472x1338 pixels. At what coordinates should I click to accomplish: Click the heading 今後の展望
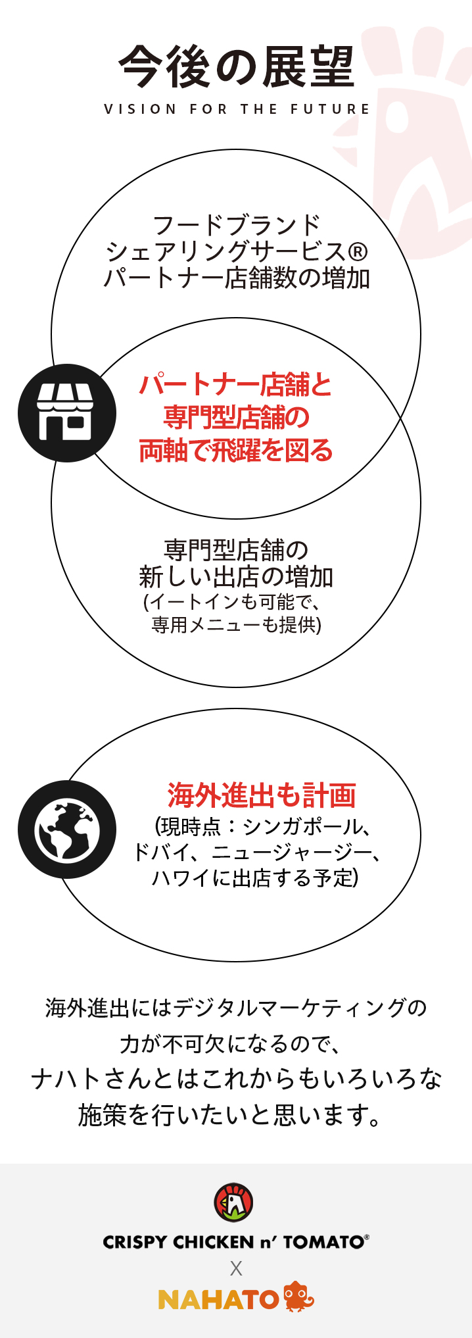point(237,66)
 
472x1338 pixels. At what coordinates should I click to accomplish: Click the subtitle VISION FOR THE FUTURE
point(237,109)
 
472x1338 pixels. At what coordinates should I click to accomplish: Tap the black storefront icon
point(66,413)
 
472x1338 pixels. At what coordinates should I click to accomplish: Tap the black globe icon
point(66,830)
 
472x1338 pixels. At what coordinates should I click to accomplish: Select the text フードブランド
point(237,225)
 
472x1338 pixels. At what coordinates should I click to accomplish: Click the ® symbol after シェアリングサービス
point(357,252)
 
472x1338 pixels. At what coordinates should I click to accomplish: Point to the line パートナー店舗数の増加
point(237,279)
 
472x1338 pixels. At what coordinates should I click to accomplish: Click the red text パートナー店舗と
point(237,385)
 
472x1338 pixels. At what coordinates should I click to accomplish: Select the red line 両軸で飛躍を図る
point(237,451)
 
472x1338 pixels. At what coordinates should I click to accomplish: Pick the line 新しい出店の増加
point(237,577)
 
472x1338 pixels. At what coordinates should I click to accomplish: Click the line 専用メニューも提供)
point(237,625)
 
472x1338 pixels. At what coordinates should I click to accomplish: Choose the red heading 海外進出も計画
point(262,795)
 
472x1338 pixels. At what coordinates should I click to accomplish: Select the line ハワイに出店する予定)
point(255,878)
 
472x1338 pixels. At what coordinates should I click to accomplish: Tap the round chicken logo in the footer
point(234,1202)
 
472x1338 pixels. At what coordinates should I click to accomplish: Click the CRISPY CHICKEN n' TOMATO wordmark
point(235,1242)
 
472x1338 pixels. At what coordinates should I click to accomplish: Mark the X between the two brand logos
point(236,1269)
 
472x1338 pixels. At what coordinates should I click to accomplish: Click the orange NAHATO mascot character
point(298,1297)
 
